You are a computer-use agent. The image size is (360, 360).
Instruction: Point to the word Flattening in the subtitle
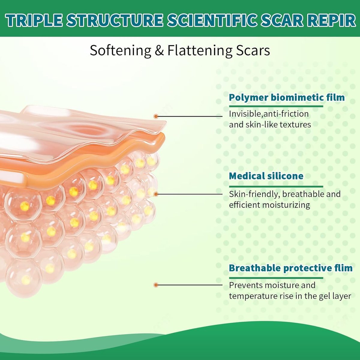pyautogui.click(x=200, y=51)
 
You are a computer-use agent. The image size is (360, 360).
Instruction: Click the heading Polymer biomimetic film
pyautogui.click(x=287, y=97)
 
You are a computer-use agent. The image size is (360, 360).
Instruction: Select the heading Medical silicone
pyautogui.click(x=266, y=176)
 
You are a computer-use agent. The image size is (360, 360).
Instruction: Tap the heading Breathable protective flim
pyautogui.click(x=291, y=268)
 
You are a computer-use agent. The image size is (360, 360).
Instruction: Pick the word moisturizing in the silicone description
pyautogui.click(x=286, y=205)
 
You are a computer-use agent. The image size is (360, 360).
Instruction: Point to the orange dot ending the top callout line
pyautogui.click(x=156, y=116)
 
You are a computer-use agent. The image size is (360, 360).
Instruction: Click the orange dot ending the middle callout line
pyautogui.click(x=156, y=194)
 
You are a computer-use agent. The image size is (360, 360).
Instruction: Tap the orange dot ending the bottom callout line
pyautogui.click(x=156, y=285)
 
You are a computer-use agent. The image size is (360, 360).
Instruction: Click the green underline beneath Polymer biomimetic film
pyautogui.click(x=276, y=106)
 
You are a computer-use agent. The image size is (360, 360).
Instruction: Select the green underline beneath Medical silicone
pyautogui.click(x=276, y=186)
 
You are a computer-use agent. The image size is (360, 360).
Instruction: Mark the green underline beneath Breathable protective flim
pyautogui.click(x=276, y=278)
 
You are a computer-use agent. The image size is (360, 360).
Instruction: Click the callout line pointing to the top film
pyautogui.click(x=189, y=116)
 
